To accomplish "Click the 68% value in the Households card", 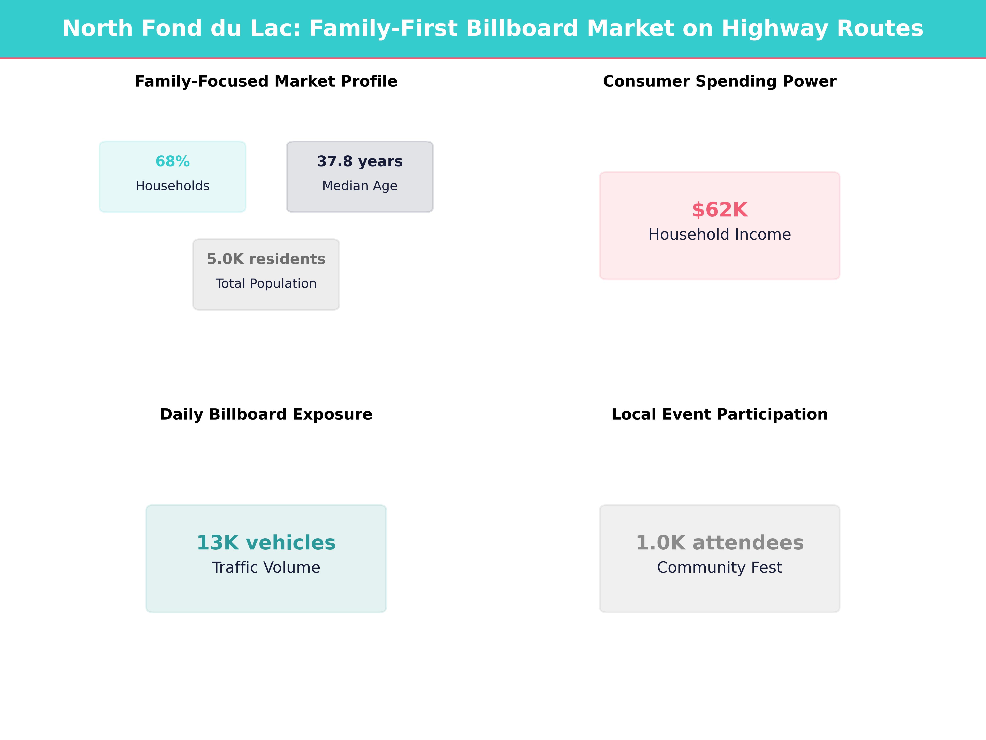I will pos(173,162).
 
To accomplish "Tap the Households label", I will pos(173,186).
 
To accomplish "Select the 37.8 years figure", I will pos(360,162).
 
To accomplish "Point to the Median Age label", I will pos(360,186).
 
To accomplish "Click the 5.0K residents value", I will pos(266,259).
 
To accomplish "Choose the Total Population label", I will pos(266,284).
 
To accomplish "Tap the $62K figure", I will pos(719,210).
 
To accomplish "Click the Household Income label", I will pos(719,235).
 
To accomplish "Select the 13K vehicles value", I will pos(266,543).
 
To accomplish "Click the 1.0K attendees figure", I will pos(719,543).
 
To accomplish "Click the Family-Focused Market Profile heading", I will pos(266,82).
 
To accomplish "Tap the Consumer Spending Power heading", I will pos(719,82).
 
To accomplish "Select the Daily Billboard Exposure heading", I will pos(266,414).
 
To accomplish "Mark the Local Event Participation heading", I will pos(719,414).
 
